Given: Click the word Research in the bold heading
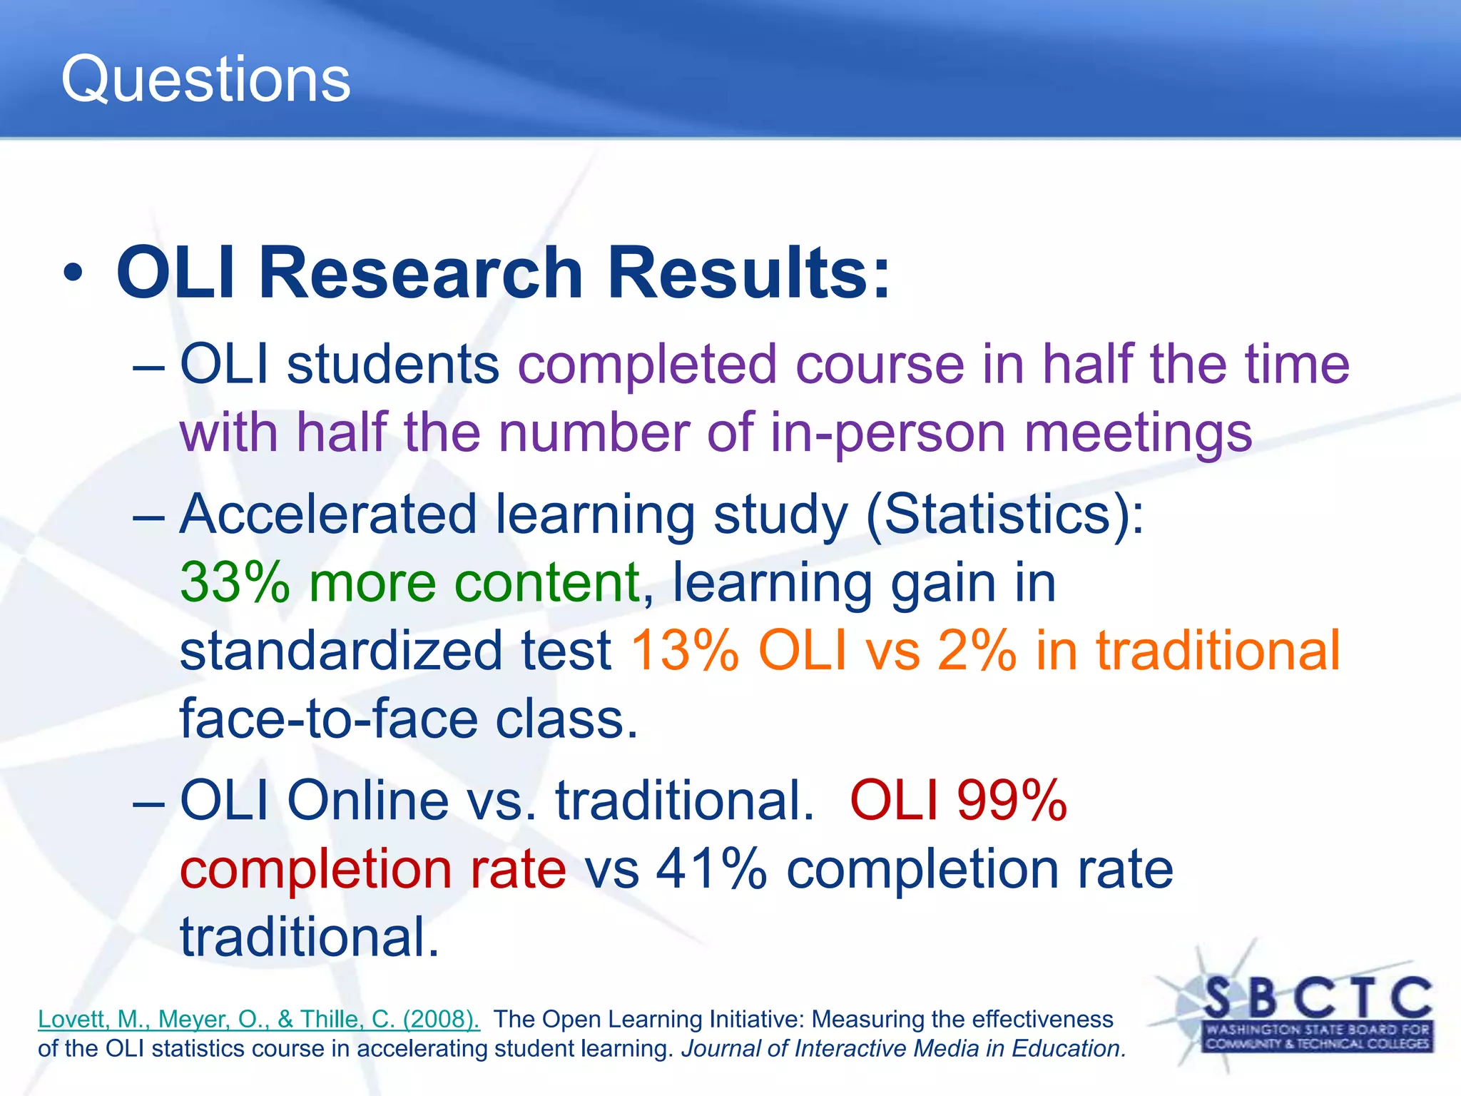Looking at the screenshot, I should tap(421, 273).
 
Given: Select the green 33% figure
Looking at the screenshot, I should tap(235, 582).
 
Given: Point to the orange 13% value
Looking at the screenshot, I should tap(684, 650).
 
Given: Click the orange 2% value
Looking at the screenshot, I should tap(976, 650).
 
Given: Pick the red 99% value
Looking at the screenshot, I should tap(1012, 801).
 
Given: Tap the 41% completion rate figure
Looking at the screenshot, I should tap(711, 869).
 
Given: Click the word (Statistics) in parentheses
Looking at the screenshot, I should tap(1004, 514).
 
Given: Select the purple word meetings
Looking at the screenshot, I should tap(1138, 433).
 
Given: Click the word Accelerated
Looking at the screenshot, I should tap(327, 514).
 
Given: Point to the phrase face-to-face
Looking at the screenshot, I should tap(328, 719).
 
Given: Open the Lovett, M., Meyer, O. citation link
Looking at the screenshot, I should tap(258, 1019).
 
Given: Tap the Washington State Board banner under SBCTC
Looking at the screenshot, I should tap(1317, 1036).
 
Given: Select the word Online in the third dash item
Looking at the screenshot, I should tap(367, 801).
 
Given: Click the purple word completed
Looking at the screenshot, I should tap(646, 365).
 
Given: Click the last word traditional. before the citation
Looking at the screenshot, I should tap(309, 937).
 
